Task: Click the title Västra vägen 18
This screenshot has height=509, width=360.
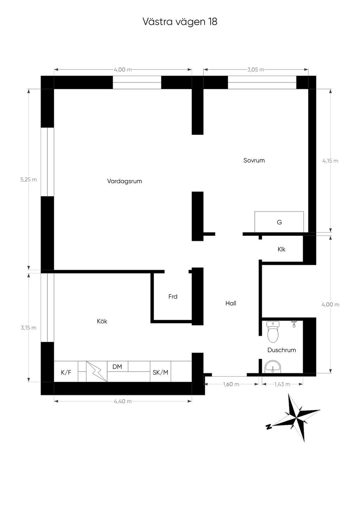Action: pos(180,22)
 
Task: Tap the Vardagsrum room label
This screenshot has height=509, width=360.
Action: pos(124,181)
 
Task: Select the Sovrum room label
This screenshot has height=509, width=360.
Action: pos(254,161)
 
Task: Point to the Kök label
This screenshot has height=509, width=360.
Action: pos(102,321)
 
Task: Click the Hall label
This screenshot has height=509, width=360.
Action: pos(231,303)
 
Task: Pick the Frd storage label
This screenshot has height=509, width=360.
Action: pos(173,296)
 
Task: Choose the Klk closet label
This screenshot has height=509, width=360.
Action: pos(282,249)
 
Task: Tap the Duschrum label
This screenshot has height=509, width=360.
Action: pos(282,350)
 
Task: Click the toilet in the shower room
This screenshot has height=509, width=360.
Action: pos(273,332)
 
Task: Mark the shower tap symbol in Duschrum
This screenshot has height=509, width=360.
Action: pos(294,324)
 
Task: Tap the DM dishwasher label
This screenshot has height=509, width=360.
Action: pos(117,366)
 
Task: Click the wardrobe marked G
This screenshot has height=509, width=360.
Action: pos(279,222)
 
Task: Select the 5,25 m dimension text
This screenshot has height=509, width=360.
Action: pos(28,180)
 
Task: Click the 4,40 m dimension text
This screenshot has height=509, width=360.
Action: pos(123,402)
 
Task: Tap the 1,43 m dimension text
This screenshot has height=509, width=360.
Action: pos(282,384)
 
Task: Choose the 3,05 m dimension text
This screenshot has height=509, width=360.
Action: pos(256,70)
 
